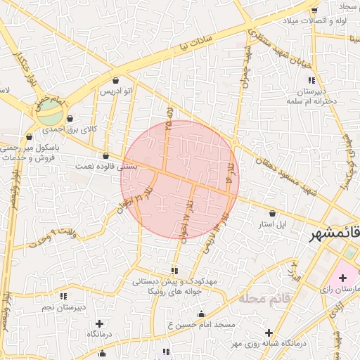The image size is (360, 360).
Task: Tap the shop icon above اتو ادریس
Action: pyautogui.click(x=115, y=81)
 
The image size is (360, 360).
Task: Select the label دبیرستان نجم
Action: pyautogui.click(x=62, y=307)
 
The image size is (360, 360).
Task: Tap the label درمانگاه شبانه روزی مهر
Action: pyautogui.click(x=261, y=344)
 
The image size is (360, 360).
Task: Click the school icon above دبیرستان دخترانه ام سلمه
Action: pyautogui.click(x=311, y=81)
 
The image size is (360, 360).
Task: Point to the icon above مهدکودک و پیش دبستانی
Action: pyautogui.click(x=174, y=271)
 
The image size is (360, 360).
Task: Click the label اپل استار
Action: pyautogui.click(x=271, y=224)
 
